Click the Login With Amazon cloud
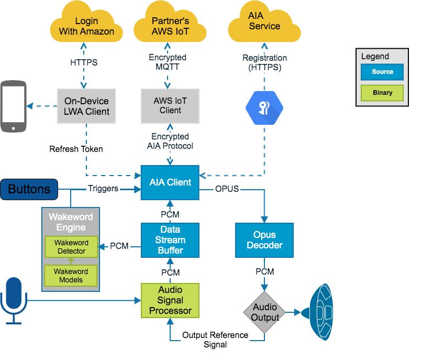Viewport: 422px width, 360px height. pos(86,26)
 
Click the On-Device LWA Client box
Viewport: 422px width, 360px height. pos(86,106)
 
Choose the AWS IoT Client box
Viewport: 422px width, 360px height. pos(170,106)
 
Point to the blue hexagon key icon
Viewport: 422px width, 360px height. pos(264,107)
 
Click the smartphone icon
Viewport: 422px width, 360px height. pos(14,106)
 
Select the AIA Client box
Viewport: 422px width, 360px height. pos(170,183)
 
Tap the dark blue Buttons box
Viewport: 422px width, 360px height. pos(29,189)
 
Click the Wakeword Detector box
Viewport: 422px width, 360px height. pos(71,247)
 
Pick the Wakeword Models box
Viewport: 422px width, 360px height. pos(71,276)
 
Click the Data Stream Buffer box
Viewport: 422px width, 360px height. pos(170,240)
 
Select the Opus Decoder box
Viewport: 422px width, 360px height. pos(264,240)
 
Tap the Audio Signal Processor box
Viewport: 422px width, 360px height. pos(170,300)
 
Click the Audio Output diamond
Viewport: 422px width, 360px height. pos(265,312)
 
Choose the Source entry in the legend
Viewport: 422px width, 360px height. pos(382,72)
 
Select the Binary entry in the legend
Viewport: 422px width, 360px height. pos(382,93)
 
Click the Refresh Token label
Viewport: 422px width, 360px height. pos(76,149)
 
